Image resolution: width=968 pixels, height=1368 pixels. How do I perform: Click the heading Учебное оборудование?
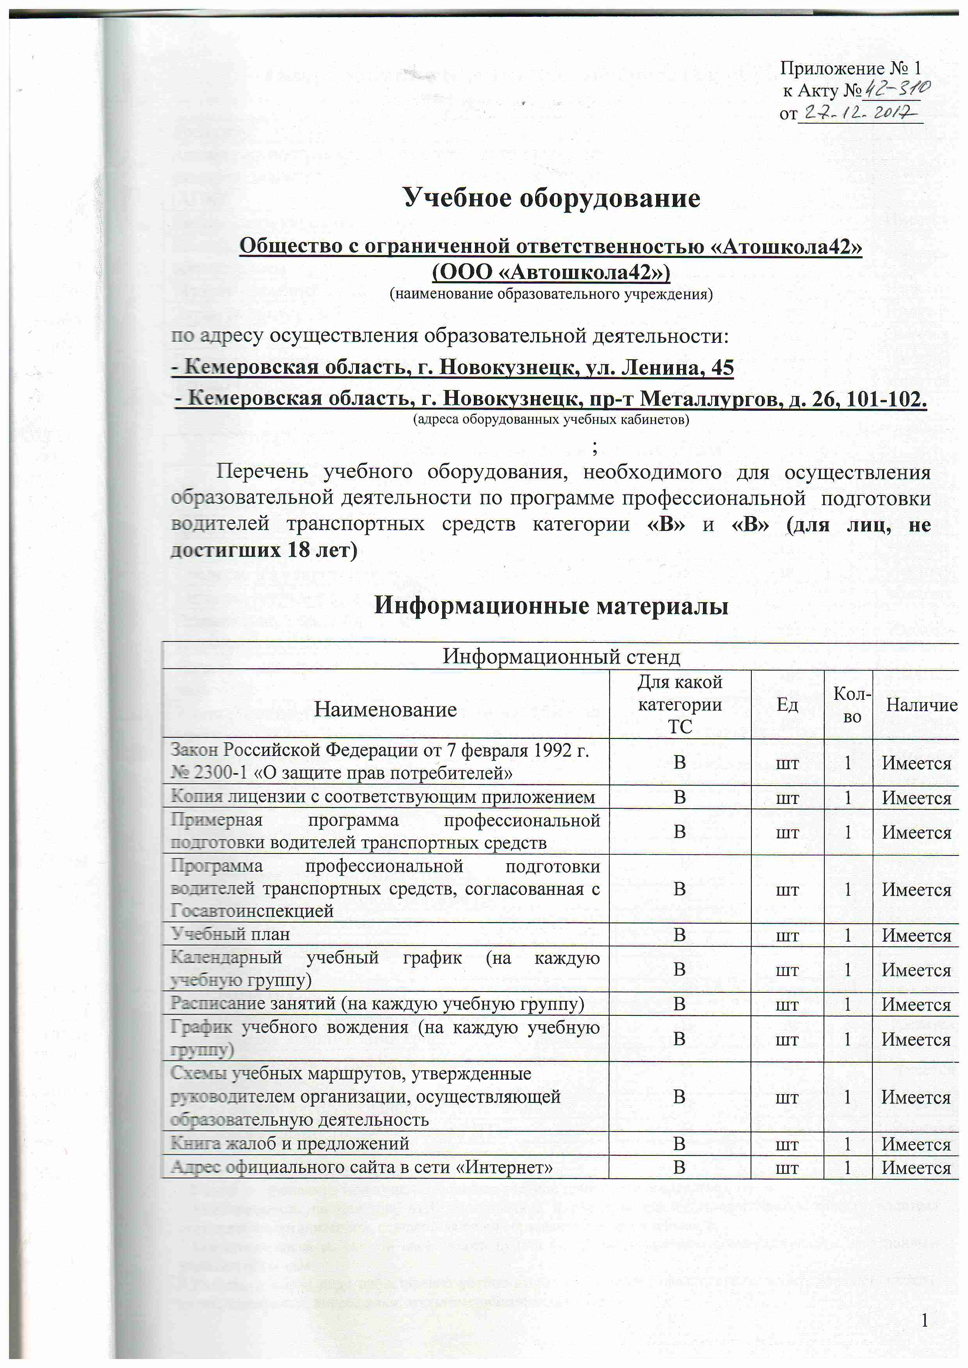pyautogui.click(x=552, y=198)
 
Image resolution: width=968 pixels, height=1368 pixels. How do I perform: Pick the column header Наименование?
pyautogui.click(x=385, y=709)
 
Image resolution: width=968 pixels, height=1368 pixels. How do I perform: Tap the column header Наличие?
pyautogui.click(x=921, y=705)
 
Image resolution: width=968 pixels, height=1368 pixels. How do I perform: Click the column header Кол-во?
pyautogui.click(x=852, y=705)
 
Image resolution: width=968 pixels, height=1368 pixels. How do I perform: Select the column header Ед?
pyautogui.click(x=787, y=705)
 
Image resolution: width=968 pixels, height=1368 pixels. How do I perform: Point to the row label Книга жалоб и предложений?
pyautogui.click(x=290, y=1143)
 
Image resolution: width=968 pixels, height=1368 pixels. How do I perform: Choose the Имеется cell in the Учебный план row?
pyautogui.click(x=916, y=935)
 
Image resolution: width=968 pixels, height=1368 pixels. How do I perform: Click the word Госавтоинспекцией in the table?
pyautogui.click(x=252, y=910)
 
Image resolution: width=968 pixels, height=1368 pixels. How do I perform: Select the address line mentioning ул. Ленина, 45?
pyautogui.click(x=452, y=367)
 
